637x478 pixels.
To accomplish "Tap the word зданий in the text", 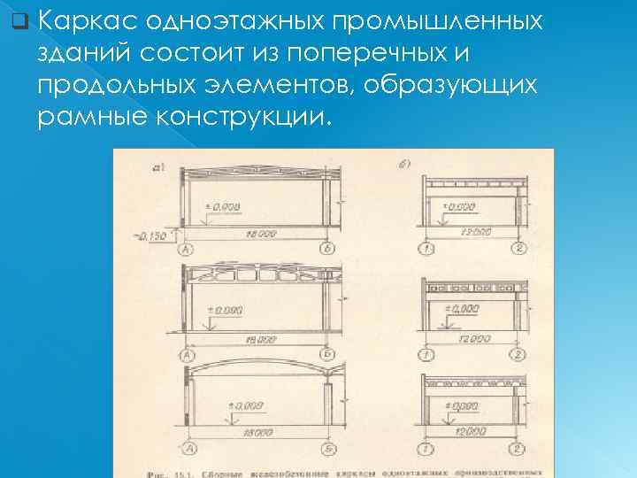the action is pos(88,52).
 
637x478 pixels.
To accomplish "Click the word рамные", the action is pos(93,118).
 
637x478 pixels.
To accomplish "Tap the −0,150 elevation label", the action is pos(150,235).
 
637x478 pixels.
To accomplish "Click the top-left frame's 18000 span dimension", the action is pos(259,234).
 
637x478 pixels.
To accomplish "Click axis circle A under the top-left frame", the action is pos(187,251).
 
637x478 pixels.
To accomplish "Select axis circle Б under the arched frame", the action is pos(329,451).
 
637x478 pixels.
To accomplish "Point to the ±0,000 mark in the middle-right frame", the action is pos(462,309).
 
